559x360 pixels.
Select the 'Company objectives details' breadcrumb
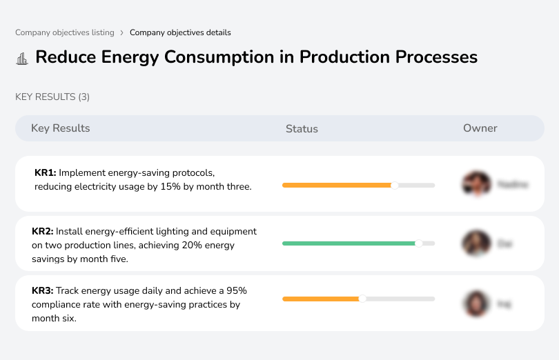(180, 32)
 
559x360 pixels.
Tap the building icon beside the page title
(22, 58)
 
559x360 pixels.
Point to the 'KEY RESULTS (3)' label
(52, 97)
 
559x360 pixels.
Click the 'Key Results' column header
(60, 128)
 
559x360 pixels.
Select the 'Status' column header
(302, 129)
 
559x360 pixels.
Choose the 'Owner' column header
(480, 128)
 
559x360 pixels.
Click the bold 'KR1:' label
(45, 172)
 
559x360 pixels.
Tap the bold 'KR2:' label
(42, 232)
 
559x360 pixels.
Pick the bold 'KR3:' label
(42, 291)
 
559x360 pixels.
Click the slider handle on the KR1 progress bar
(395, 185)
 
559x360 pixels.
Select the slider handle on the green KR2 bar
(418, 243)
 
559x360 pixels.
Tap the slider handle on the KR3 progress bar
(362, 299)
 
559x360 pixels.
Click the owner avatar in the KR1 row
(476, 184)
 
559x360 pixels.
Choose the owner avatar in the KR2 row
(476, 243)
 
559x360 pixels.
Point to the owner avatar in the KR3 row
(476, 303)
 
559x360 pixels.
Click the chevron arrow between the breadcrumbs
(121, 32)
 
